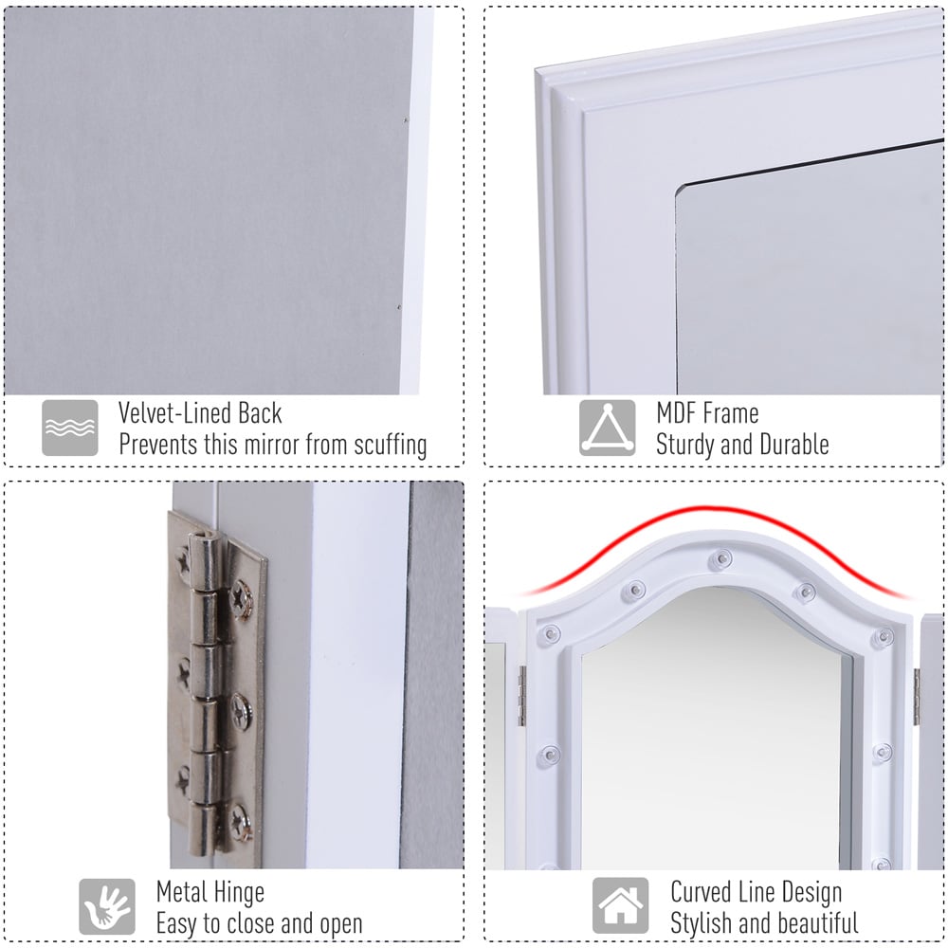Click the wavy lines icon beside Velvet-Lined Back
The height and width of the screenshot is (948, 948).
pos(69,428)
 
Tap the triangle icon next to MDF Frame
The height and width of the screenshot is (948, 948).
pos(607,428)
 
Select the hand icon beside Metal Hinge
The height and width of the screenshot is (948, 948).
pos(107,906)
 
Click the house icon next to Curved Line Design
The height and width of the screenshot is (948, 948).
pos(620,905)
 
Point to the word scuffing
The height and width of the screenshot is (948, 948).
pos(391,445)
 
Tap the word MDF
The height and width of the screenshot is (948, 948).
pos(677,413)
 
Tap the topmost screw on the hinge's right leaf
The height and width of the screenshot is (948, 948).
pos(242,598)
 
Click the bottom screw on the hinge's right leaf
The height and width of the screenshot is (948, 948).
pos(242,822)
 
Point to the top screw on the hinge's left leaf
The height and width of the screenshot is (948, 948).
pos(184,560)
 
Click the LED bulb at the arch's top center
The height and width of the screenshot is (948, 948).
pos(720,559)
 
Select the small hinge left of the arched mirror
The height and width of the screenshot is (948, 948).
pos(521,696)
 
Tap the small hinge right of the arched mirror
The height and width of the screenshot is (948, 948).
pos(917,697)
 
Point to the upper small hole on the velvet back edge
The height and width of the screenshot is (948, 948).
pos(405,120)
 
